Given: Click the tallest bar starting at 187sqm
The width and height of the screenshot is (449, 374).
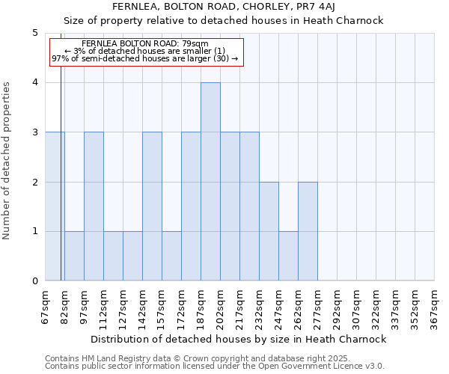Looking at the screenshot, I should pos(210,182).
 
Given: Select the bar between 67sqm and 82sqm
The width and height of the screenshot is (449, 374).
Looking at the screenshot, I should pos(55,206).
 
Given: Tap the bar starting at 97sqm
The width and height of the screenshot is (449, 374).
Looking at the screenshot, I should pos(94,206).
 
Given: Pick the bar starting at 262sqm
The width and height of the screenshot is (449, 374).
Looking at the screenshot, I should pos(308,231).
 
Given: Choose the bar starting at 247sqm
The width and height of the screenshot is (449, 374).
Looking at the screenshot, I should pos(288,256).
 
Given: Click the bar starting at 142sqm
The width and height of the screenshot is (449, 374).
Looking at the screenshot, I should pos(152,206).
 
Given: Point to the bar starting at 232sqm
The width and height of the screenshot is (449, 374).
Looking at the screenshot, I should pos(269,231).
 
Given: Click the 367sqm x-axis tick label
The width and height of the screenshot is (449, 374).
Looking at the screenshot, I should pos(435,307).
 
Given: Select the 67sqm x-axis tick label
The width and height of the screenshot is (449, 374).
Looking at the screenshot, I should pos(46,307).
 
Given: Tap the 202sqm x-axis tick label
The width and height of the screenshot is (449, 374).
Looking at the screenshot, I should pos(221,307).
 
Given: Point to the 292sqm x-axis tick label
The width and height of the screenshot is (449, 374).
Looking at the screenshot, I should pos(337,307).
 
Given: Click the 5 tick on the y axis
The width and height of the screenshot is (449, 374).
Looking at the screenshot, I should pos(34,33).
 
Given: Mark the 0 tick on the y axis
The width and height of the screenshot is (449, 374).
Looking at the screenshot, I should pos(34,281).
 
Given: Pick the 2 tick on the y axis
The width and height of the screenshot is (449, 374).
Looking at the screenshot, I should pos(34,182).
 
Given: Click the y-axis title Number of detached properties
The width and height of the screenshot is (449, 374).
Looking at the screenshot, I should pos(7,161).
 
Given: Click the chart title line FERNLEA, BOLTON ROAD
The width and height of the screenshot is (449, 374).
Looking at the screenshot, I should pos(224,7).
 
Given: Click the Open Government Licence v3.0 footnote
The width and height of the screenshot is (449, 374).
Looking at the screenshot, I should pos(215,367).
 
